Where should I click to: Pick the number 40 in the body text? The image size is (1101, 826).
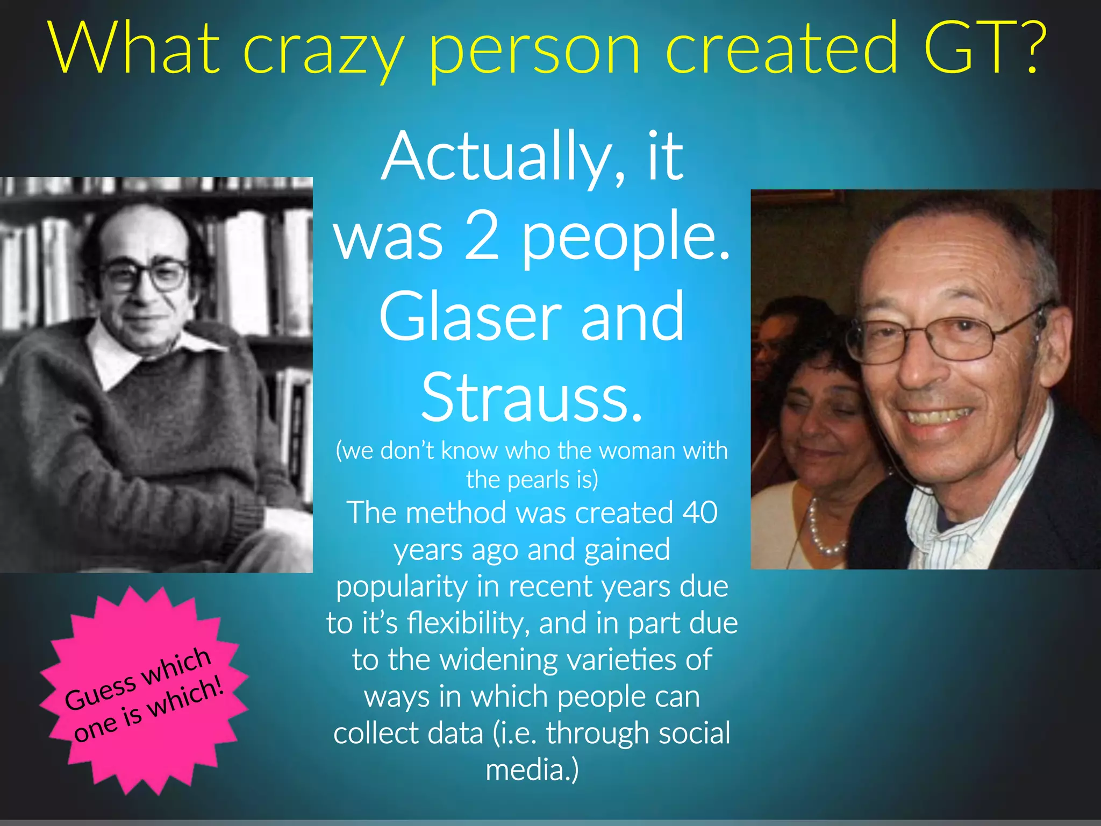coord(699,512)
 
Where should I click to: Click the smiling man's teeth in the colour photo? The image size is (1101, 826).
coord(938,417)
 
